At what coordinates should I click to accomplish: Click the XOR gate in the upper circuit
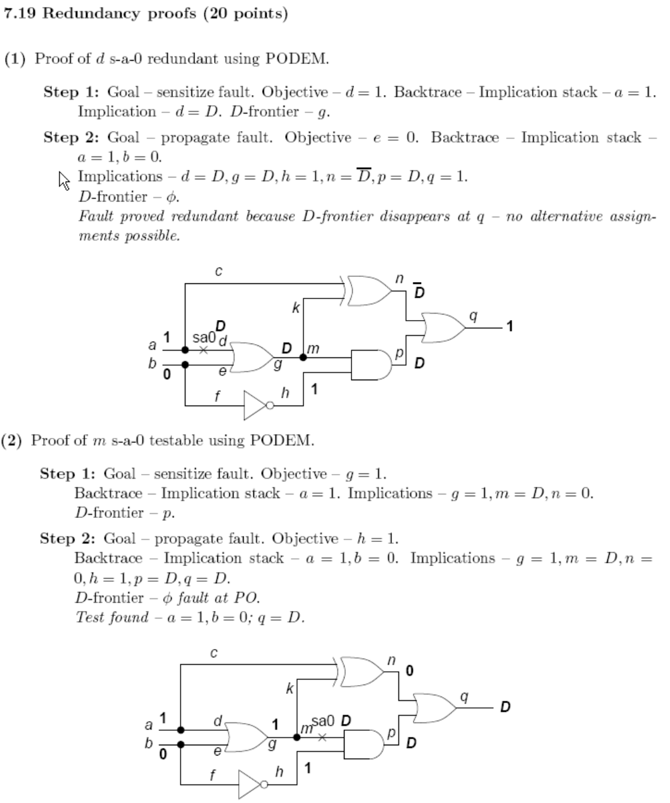tap(369, 290)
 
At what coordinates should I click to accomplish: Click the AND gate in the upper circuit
tap(370, 364)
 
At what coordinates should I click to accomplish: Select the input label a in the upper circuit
tap(152, 345)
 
